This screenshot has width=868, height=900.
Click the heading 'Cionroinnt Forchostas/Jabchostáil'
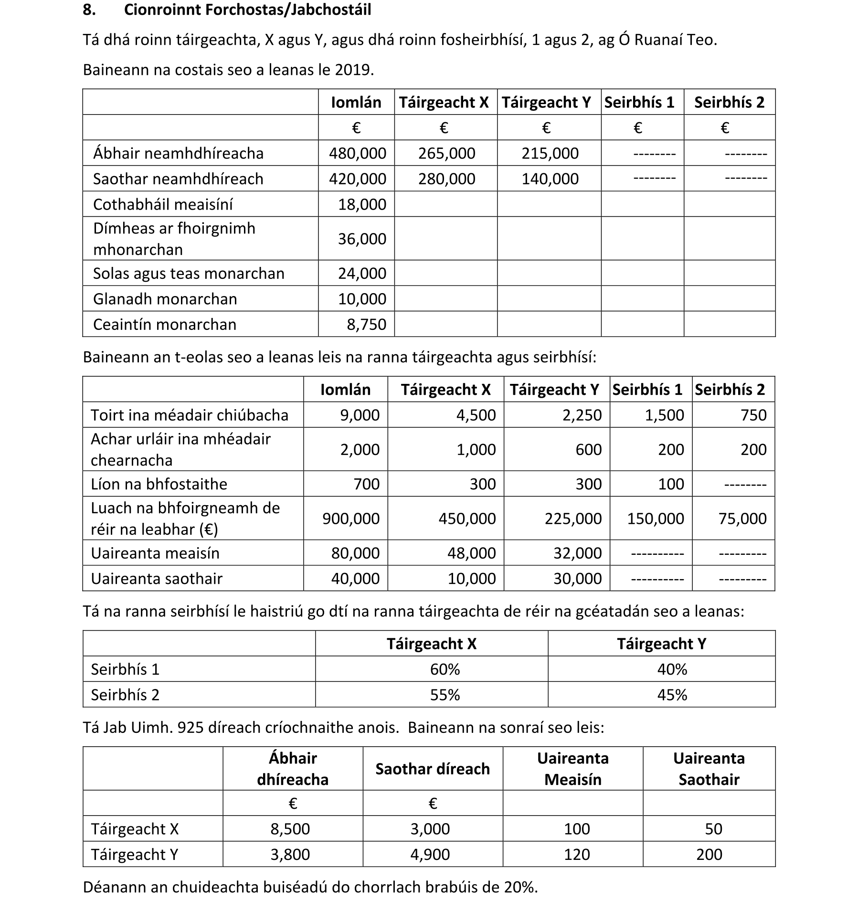(247, 10)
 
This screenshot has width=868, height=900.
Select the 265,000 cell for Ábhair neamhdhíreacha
(446, 153)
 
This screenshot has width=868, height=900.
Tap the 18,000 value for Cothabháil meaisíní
(362, 204)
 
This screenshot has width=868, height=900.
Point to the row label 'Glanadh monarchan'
(165, 299)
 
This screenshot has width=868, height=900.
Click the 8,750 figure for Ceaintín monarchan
(366, 325)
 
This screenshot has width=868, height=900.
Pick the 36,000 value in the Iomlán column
(362, 239)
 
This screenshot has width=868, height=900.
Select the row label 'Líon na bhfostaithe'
(159, 484)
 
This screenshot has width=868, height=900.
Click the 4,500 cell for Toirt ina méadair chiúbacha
(476, 415)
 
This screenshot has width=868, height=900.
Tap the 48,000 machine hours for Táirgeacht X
(471, 553)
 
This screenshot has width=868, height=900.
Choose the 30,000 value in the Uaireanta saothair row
(577, 579)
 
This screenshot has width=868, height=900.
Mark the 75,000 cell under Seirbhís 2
(742, 519)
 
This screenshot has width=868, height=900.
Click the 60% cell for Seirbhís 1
(445, 669)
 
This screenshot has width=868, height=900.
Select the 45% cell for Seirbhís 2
(672, 695)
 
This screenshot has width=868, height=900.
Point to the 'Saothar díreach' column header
(433, 769)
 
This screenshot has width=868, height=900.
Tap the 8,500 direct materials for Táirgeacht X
(290, 829)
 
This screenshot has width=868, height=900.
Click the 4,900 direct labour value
(430, 854)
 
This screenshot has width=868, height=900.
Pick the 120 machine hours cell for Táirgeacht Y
(577, 854)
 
